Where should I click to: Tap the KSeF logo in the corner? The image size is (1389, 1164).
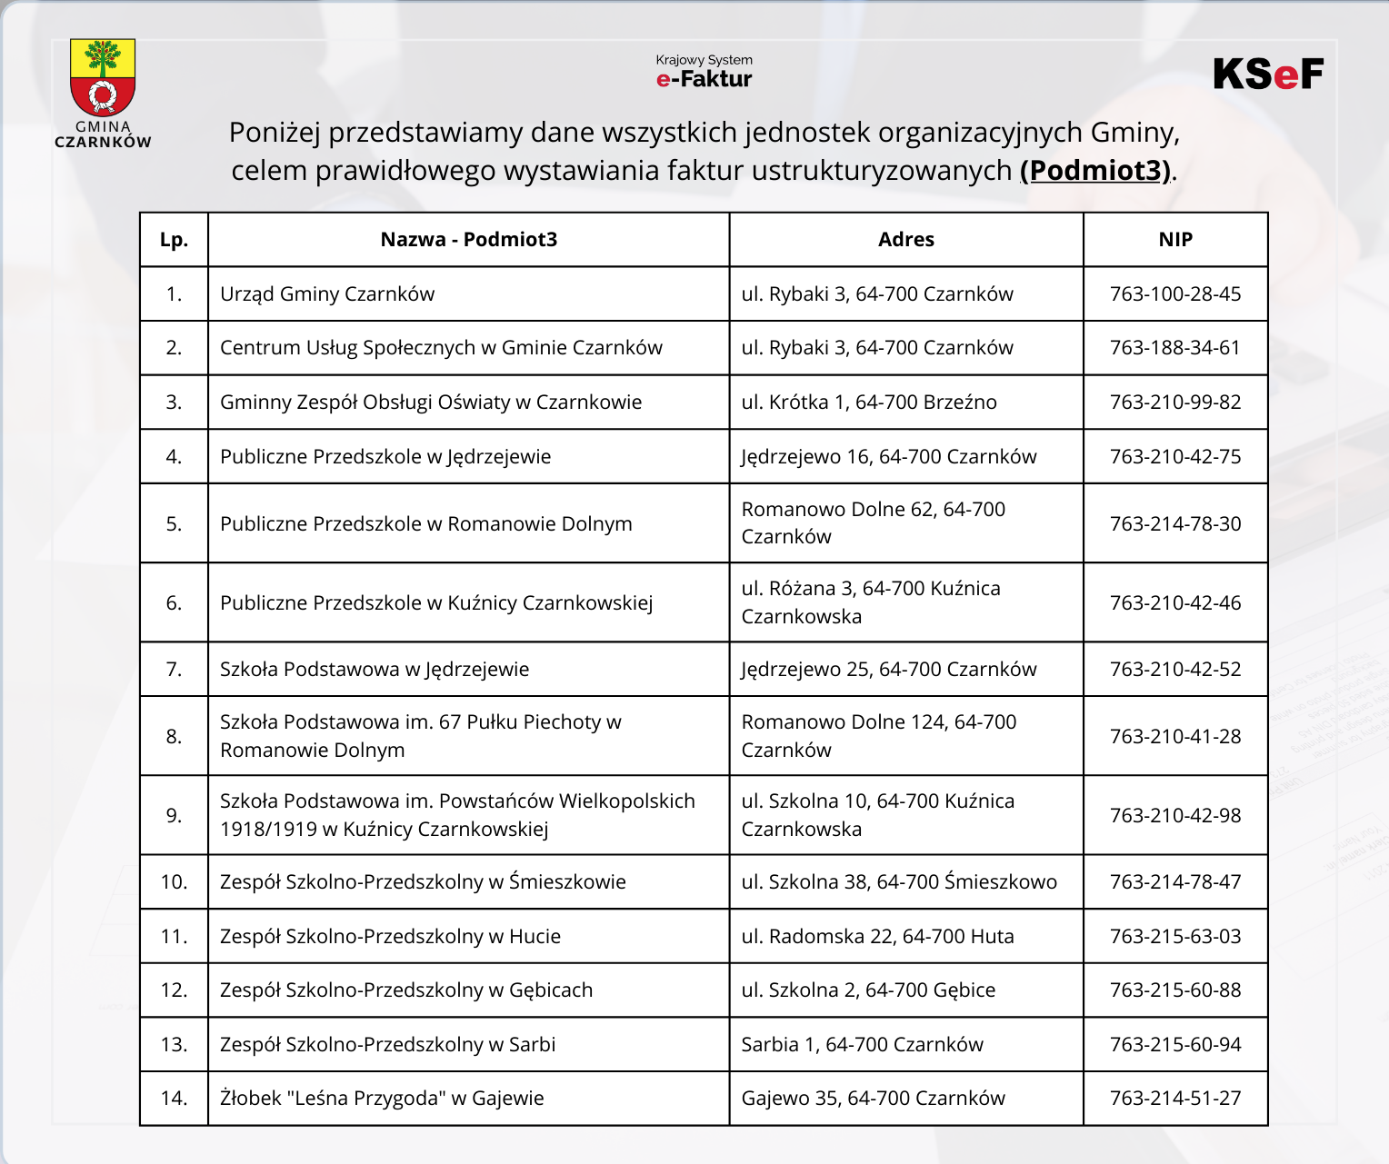1268,75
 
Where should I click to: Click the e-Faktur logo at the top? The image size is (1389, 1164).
704,72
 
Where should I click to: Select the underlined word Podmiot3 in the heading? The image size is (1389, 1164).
1095,170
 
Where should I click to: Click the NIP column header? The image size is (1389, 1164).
1175,240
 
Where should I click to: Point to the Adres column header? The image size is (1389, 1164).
905,240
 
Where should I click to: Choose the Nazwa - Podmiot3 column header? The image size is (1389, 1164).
468,240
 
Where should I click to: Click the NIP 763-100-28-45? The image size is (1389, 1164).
1175,294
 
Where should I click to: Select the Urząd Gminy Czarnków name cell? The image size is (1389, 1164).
327,294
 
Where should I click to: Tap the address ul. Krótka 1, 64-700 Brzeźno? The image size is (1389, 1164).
869,403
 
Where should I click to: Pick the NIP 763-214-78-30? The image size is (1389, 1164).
1175,523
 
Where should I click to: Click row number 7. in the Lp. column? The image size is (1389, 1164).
174,670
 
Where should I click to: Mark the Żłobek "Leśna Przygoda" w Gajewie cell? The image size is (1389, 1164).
382,1099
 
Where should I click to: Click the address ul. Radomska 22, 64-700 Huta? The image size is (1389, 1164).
877,937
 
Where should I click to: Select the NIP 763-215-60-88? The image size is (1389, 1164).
1175,990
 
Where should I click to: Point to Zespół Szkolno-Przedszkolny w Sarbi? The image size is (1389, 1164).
387,1045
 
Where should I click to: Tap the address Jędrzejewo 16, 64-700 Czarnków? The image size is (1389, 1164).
888,457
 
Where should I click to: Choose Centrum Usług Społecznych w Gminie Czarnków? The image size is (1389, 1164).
441,348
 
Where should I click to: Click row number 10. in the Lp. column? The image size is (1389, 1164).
174,882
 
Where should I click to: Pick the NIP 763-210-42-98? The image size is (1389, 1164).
1175,816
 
